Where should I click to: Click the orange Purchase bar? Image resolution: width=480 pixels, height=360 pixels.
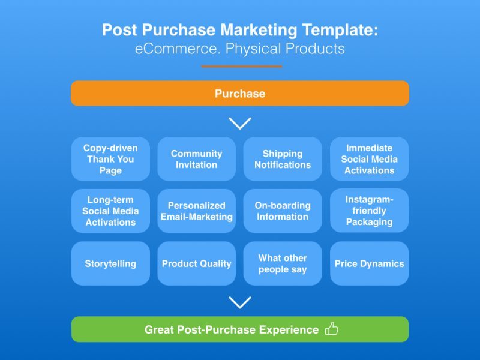240,94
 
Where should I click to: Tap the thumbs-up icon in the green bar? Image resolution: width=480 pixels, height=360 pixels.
332,329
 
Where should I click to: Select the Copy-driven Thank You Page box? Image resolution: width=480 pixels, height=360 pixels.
110,159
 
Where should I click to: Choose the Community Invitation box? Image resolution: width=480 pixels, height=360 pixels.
197,159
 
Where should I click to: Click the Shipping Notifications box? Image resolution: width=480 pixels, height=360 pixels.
283,159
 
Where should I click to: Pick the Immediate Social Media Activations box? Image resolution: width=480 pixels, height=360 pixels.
369,159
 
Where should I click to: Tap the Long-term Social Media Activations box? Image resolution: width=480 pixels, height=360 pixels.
110,211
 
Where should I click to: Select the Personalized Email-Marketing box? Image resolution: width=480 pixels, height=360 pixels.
197,211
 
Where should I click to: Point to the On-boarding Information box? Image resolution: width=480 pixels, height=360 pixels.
283,211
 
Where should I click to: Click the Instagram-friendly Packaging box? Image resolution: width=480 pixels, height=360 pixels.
369,211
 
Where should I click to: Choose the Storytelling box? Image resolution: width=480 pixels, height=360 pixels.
110,263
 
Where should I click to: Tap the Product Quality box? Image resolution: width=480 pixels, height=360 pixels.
197,263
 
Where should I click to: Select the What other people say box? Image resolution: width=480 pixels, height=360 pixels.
283,263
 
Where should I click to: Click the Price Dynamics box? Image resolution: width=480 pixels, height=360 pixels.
369,263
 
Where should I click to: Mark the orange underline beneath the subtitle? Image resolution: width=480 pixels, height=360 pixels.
242,66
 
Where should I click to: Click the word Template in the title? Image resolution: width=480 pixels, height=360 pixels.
340,30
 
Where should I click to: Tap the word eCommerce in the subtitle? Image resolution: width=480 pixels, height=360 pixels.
178,49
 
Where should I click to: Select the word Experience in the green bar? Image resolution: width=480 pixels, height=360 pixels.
289,330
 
